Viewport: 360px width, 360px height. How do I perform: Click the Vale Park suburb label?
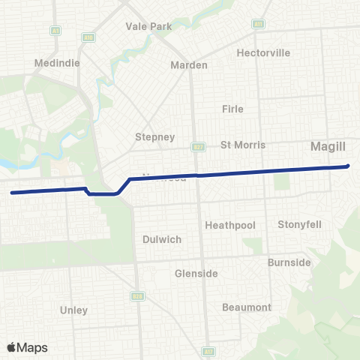click(150, 26)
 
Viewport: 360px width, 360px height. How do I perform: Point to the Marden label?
click(189, 65)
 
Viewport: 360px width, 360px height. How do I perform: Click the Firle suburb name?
click(232, 109)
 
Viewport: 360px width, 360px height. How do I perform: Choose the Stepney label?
click(154, 137)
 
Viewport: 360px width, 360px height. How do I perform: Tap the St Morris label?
click(243, 145)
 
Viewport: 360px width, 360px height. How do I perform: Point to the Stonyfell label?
click(299, 224)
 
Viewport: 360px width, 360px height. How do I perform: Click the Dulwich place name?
click(162, 240)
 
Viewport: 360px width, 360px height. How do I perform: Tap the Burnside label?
click(289, 262)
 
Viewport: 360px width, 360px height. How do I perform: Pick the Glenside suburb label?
click(196, 274)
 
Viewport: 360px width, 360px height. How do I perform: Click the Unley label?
click(73, 310)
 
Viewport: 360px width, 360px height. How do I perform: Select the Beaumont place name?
click(247, 307)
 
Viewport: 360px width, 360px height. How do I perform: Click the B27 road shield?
click(196, 147)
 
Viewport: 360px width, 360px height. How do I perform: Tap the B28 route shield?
click(137, 297)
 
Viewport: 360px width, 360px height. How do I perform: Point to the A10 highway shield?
click(87, 36)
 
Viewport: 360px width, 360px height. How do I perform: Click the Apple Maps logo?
click(27, 347)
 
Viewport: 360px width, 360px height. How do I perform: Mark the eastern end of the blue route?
click(348, 166)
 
